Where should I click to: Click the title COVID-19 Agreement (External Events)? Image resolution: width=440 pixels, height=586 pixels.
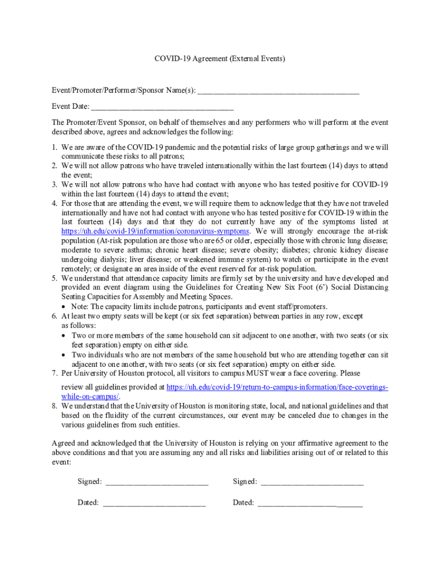(219, 58)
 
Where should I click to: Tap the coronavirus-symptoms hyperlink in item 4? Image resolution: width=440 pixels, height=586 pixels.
(155, 231)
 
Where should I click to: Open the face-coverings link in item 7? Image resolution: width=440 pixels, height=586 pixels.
(277, 387)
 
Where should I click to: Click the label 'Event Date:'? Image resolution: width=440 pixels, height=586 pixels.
(70, 106)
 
